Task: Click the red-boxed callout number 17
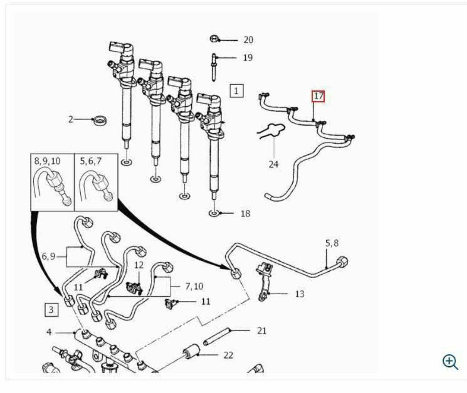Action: coord(318,96)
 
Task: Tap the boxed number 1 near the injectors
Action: coord(237,90)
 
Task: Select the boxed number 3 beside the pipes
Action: coord(51,310)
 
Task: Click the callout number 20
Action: coord(248,40)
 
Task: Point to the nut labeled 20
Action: coord(214,39)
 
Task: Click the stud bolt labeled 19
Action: coord(214,67)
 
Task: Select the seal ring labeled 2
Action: coord(100,121)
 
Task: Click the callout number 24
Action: coord(273,164)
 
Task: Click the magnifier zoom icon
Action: coord(450,362)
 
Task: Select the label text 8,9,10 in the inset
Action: coord(47,161)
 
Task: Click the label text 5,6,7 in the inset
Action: coord(90,161)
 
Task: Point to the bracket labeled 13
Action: coord(265,280)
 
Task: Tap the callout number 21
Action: coord(262,331)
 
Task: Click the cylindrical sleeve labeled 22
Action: coord(191,351)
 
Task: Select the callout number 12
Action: coord(139,265)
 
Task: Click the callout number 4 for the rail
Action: coord(49,332)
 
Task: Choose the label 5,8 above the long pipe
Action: coord(332,243)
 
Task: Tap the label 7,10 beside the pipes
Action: coord(194,286)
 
